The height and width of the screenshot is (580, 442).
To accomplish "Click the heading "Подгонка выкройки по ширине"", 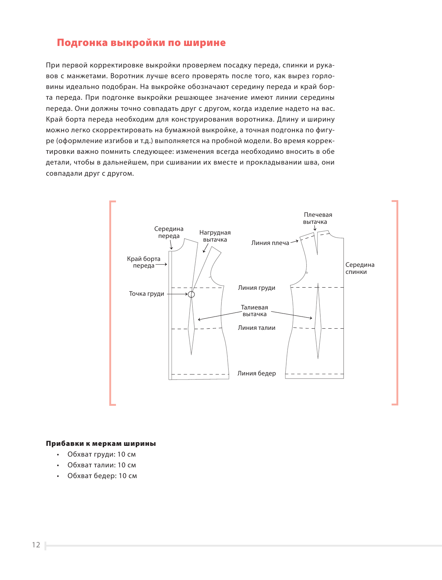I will click(x=141, y=43).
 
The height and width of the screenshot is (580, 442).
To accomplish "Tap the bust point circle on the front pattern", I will click(x=191, y=294).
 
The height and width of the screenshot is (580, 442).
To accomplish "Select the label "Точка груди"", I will click(x=146, y=294).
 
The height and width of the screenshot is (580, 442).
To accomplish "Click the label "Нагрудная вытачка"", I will click(x=215, y=236).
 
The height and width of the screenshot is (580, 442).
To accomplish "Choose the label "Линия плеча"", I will click(x=270, y=243).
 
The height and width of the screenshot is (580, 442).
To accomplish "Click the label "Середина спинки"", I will click(x=360, y=268).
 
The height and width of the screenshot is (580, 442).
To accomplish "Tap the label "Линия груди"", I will click(x=256, y=288).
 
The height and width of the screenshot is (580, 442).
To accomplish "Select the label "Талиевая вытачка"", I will click(x=255, y=311).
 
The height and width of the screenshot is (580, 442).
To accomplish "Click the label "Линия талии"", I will click(x=256, y=328).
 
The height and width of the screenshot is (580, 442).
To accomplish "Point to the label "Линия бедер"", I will click(x=256, y=374).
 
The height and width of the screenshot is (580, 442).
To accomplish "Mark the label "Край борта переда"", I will click(x=144, y=262).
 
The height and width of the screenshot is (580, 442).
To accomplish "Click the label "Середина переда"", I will click(x=169, y=232).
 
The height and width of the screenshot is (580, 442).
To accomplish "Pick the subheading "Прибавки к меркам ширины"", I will click(x=101, y=444).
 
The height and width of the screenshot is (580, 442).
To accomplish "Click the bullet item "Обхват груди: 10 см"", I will click(x=102, y=454).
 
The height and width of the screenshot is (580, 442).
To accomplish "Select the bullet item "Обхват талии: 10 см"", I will click(x=102, y=465).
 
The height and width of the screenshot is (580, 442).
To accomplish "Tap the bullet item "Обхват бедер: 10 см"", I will click(x=102, y=476).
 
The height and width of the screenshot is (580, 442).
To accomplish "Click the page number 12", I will click(x=36, y=545).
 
